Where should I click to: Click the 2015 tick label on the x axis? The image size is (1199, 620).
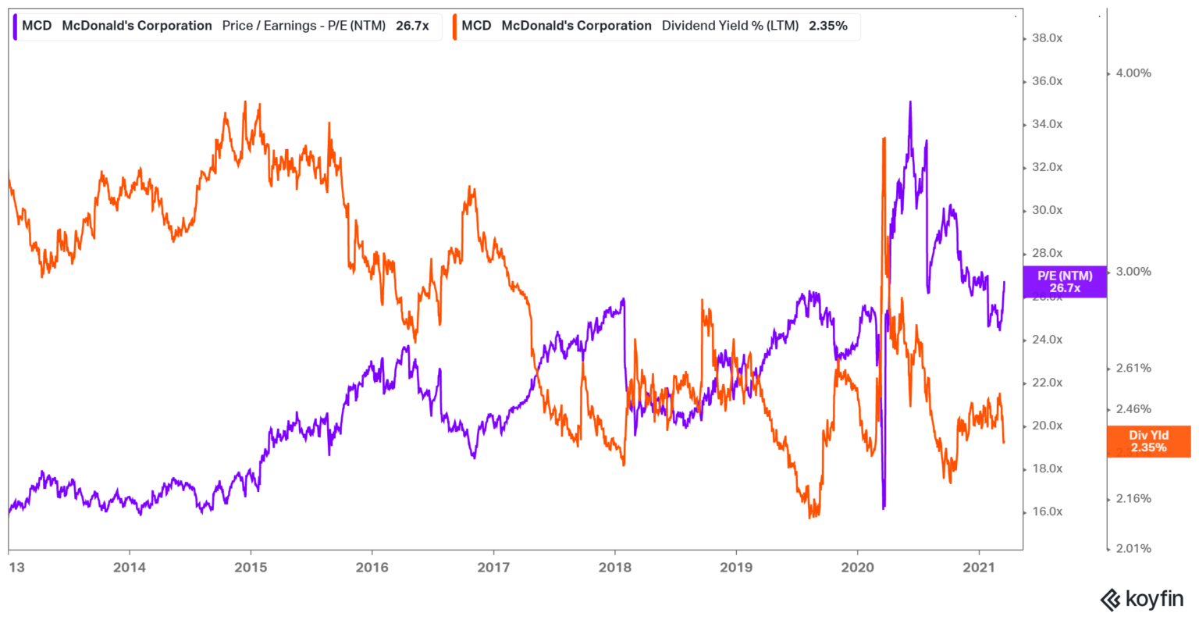250,568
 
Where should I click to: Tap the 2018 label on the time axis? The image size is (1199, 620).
614,568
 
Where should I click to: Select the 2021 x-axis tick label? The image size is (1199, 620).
979,568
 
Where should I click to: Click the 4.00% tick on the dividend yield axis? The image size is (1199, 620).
1133,73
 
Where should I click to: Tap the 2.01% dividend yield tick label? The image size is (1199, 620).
1133,549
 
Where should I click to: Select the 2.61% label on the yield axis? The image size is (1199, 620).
1133,369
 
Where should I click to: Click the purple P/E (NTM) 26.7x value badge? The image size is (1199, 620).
1064,282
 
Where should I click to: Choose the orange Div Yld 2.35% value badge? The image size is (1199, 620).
1148,442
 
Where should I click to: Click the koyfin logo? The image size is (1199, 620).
1141,600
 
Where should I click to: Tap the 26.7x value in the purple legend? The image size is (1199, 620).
412,26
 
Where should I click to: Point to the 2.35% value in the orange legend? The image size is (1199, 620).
828,26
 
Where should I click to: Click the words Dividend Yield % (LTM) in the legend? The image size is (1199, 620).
730,26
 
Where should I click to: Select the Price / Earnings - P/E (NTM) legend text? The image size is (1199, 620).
304,26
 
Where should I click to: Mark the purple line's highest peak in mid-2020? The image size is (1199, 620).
909,102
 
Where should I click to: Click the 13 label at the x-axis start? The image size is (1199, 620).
16,568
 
